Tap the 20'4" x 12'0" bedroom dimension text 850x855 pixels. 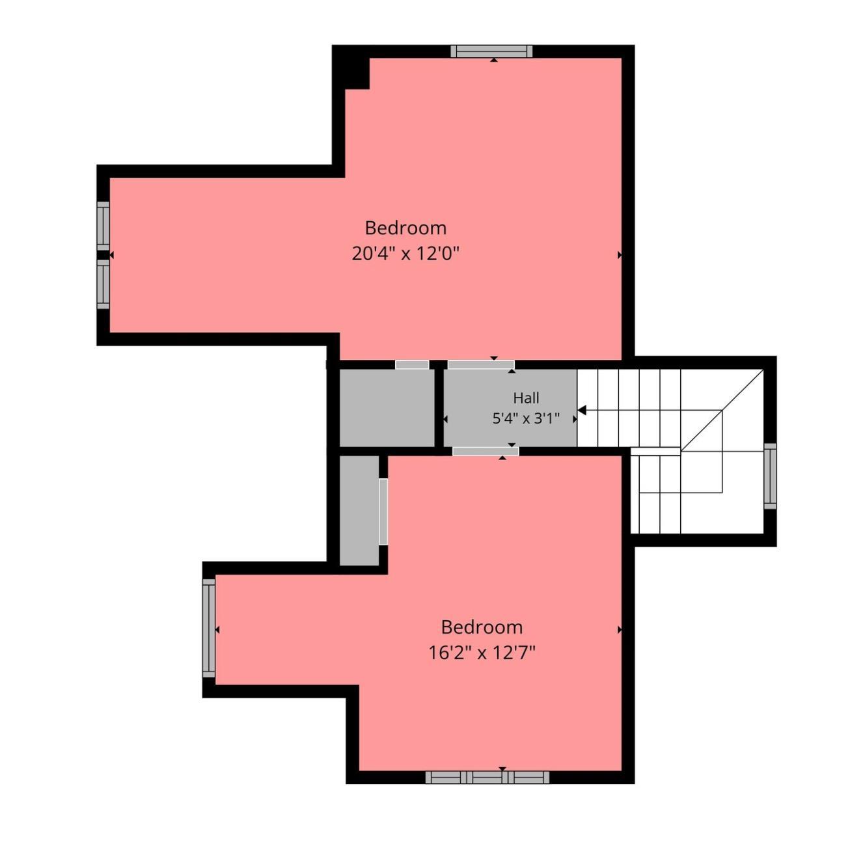coord(405,254)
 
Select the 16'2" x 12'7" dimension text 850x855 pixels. coord(482,653)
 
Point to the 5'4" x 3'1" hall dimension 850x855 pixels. coord(526,418)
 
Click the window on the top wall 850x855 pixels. coord(491,51)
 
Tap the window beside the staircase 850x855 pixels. coord(770,476)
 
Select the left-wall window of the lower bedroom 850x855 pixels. coord(209,628)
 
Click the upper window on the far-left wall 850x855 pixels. coord(103,226)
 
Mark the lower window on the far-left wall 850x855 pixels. coord(103,284)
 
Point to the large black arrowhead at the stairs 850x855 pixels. coord(581,411)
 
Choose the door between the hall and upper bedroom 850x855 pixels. coord(481,365)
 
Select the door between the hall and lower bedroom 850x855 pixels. coord(485,451)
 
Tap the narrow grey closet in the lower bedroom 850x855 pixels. coord(359,511)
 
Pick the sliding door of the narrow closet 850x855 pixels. coord(383,511)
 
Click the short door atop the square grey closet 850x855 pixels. coord(412,365)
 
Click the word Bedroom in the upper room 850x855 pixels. coord(405,228)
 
